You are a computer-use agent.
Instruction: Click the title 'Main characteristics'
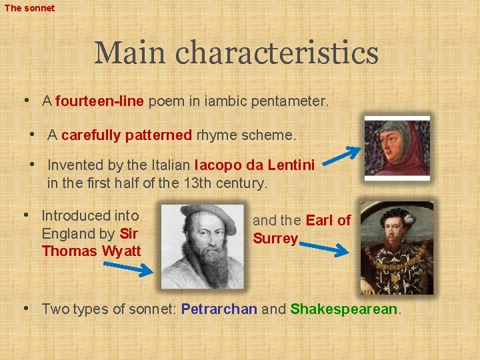[236, 53]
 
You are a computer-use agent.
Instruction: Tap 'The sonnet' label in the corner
[29, 8]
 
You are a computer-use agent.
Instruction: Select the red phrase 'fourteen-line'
[100, 102]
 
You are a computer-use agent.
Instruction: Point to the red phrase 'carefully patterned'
[127, 135]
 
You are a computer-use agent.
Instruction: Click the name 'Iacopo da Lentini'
[254, 165]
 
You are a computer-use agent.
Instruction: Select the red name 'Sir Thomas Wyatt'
[91, 243]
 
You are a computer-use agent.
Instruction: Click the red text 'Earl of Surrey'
[302, 229]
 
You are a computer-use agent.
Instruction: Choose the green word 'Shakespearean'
[344, 309]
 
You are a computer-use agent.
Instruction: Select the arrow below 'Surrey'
[323, 249]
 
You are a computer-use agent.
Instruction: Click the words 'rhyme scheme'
[245, 135]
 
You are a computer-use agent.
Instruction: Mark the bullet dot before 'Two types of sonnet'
[25, 308]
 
